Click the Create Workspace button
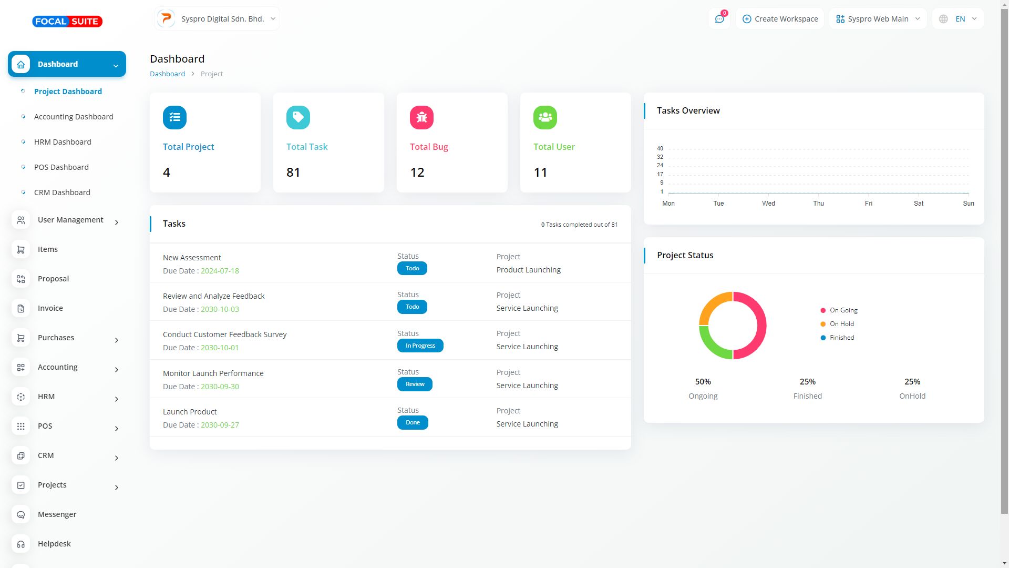[x=780, y=19]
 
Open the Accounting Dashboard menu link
[x=74, y=117]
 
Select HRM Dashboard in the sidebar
[x=63, y=142]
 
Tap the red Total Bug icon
[x=421, y=117]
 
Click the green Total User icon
[x=545, y=117]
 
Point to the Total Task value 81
[x=293, y=173]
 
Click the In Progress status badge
[x=420, y=346]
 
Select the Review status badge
[x=415, y=384]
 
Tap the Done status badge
[x=413, y=422]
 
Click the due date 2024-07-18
[x=220, y=271]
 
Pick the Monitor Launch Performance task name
[x=213, y=373]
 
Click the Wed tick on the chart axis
[x=768, y=203]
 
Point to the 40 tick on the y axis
[x=660, y=148]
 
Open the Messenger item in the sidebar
[x=57, y=514]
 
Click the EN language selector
[x=958, y=19]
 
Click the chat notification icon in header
[x=719, y=19]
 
